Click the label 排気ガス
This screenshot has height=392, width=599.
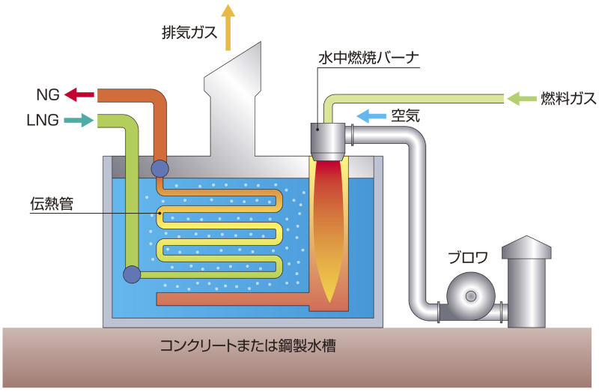(x=188, y=33)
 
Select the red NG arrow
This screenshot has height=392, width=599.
(x=79, y=94)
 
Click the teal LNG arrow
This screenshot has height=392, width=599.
(x=79, y=119)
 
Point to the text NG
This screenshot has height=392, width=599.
(x=46, y=95)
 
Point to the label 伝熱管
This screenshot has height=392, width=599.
(x=52, y=203)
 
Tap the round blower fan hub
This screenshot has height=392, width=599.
(x=470, y=296)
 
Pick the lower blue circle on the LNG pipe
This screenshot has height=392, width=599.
(x=132, y=274)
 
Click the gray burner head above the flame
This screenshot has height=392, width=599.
(x=328, y=138)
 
